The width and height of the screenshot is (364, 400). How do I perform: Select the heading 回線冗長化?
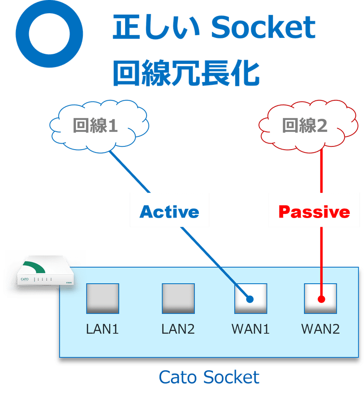coord(186,73)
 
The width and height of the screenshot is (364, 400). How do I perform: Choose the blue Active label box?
coord(169,212)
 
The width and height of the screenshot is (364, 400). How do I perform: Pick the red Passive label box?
coord(314,212)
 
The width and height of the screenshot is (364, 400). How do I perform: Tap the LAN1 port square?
coord(102,298)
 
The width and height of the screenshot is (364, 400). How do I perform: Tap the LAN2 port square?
coord(178,298)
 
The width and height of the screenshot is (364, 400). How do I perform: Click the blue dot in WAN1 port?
coord(249,300)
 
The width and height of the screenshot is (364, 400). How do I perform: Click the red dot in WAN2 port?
coord(321,300)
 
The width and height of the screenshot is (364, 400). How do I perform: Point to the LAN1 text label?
coord(102,329)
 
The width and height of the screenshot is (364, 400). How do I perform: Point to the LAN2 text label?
coord(178,329)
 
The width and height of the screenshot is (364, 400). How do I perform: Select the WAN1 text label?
coord(251,329)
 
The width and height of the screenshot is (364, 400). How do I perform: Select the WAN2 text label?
coord(320,329)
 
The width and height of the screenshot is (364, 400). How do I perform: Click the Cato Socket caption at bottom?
coord(209,377)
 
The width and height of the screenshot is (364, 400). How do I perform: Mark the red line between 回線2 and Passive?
coord(321,169)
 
